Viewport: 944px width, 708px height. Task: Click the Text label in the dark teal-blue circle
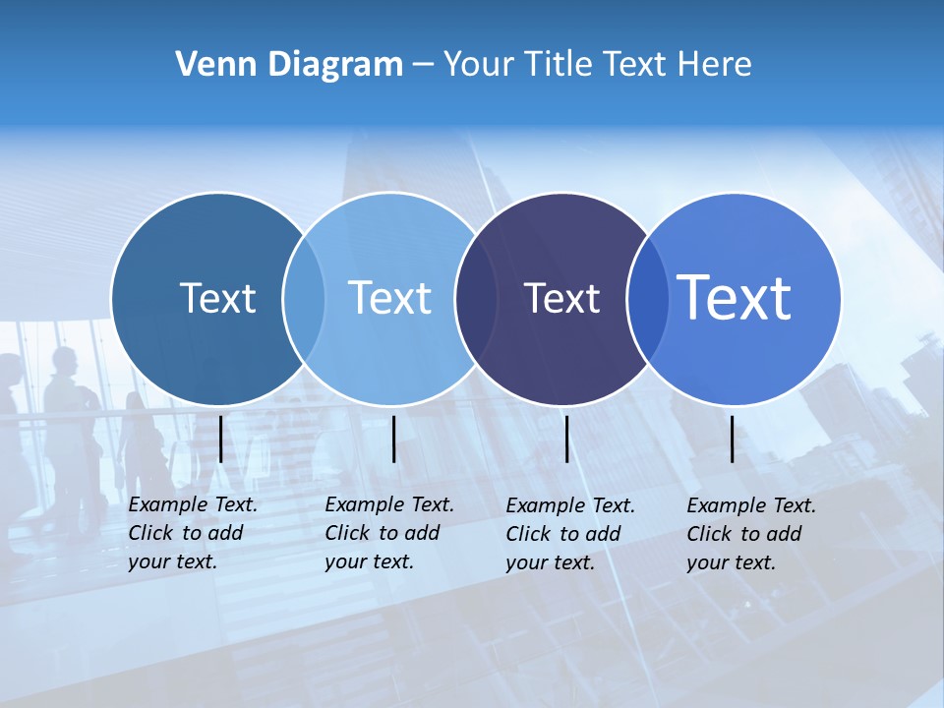pos(217,298)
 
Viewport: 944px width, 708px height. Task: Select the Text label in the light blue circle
pos(389,298)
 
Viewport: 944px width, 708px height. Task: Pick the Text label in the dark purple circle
pos(561,298)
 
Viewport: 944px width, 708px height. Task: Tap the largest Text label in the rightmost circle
pos(734,298)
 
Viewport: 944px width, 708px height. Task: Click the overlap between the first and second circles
pos(304,298)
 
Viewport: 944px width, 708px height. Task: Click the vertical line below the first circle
pos(220,439)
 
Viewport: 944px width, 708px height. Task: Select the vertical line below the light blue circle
pos(393,439)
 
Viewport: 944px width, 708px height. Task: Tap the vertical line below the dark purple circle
pos(566,439)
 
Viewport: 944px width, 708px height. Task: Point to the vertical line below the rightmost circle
pos(733,439)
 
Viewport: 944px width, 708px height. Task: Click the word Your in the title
pos(479,65)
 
